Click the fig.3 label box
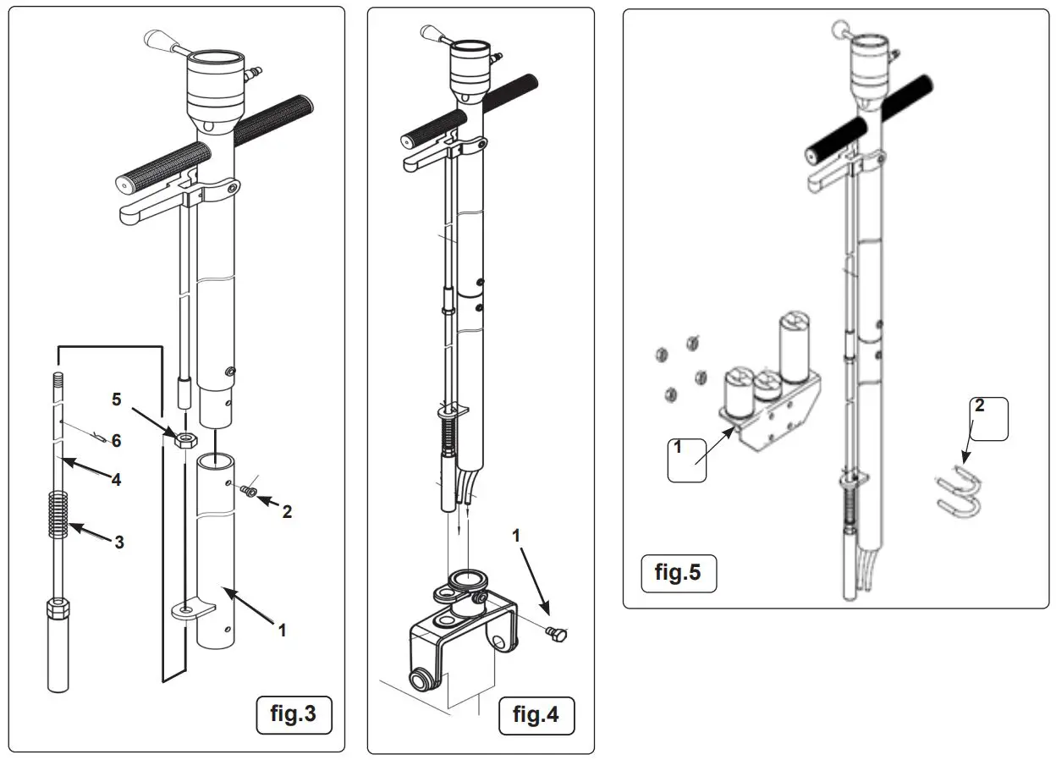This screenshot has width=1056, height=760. coord(294,714)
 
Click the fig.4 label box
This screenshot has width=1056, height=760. coord(536,714)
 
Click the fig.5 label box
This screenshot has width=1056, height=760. coord(678,573)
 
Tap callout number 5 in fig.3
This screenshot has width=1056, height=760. coord(118,399)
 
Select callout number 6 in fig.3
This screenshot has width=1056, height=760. coord(117,440)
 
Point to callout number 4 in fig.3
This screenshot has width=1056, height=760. coord(116,479)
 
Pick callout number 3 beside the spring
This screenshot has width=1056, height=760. coord(119,542)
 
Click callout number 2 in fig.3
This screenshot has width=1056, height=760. coord(287,511)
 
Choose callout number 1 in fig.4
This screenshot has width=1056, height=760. coord(516,536)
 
